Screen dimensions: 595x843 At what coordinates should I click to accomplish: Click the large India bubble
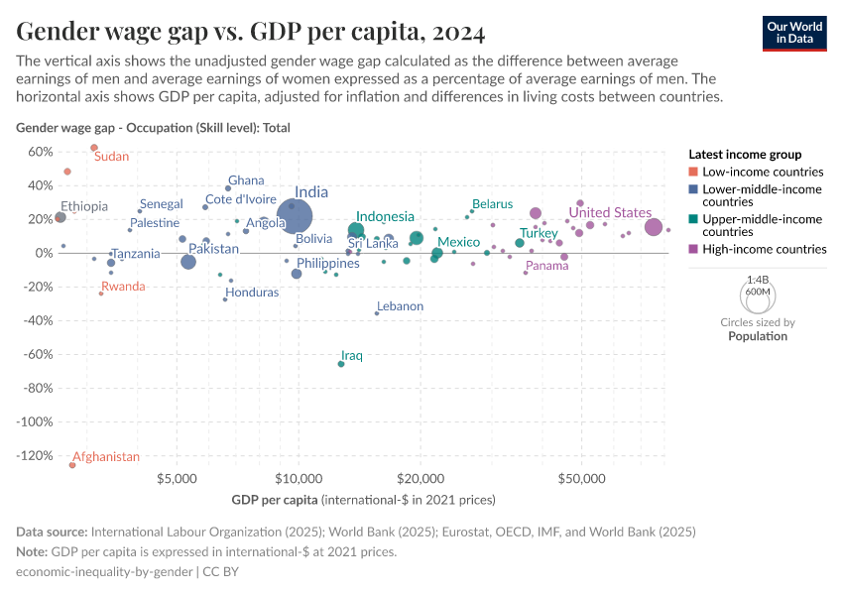click(295, 215)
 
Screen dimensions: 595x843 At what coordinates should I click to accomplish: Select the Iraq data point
click(341, 364)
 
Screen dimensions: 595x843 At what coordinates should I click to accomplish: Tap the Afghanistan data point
click(72, 465)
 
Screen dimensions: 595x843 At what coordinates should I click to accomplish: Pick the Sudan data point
click(94, 148)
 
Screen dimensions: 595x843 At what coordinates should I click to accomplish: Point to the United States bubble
click(654, 227)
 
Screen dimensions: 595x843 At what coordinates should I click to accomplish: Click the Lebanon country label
click(400, 306)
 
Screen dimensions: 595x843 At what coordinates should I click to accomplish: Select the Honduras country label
click(252, 293)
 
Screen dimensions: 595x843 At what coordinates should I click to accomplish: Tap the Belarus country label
click(492, 204)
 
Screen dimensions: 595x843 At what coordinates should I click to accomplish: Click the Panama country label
click(547, 266)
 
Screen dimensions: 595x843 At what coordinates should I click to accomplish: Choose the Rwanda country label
click(123, 287)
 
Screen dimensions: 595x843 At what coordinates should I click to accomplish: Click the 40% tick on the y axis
click(39, 185)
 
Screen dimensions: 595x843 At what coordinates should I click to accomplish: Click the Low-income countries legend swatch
click(693, 172)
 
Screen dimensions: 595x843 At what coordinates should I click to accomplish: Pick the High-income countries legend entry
click(765, 249)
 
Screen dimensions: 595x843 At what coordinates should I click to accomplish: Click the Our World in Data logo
click(795, 33)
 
